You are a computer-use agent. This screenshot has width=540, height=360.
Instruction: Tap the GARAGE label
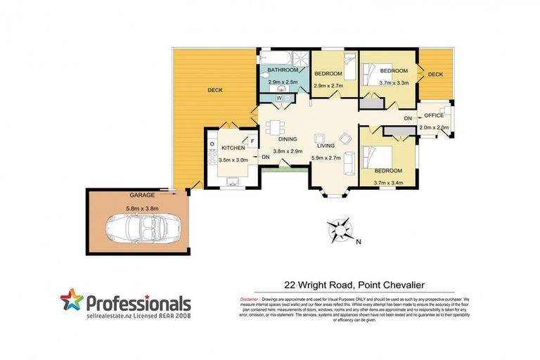point(141,195)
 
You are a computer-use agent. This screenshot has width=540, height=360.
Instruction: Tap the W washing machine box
point(280,98)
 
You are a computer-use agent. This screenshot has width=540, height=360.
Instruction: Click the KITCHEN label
point(233,148)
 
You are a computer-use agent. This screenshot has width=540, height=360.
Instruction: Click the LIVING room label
point(325,146)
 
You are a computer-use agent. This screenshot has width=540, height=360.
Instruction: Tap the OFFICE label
point(433,115)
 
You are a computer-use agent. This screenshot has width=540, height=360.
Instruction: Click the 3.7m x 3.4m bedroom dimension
point(387,183)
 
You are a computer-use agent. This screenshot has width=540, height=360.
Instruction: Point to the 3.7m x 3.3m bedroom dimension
point(393,83)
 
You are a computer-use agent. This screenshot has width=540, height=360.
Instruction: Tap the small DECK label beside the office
point(435,75)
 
